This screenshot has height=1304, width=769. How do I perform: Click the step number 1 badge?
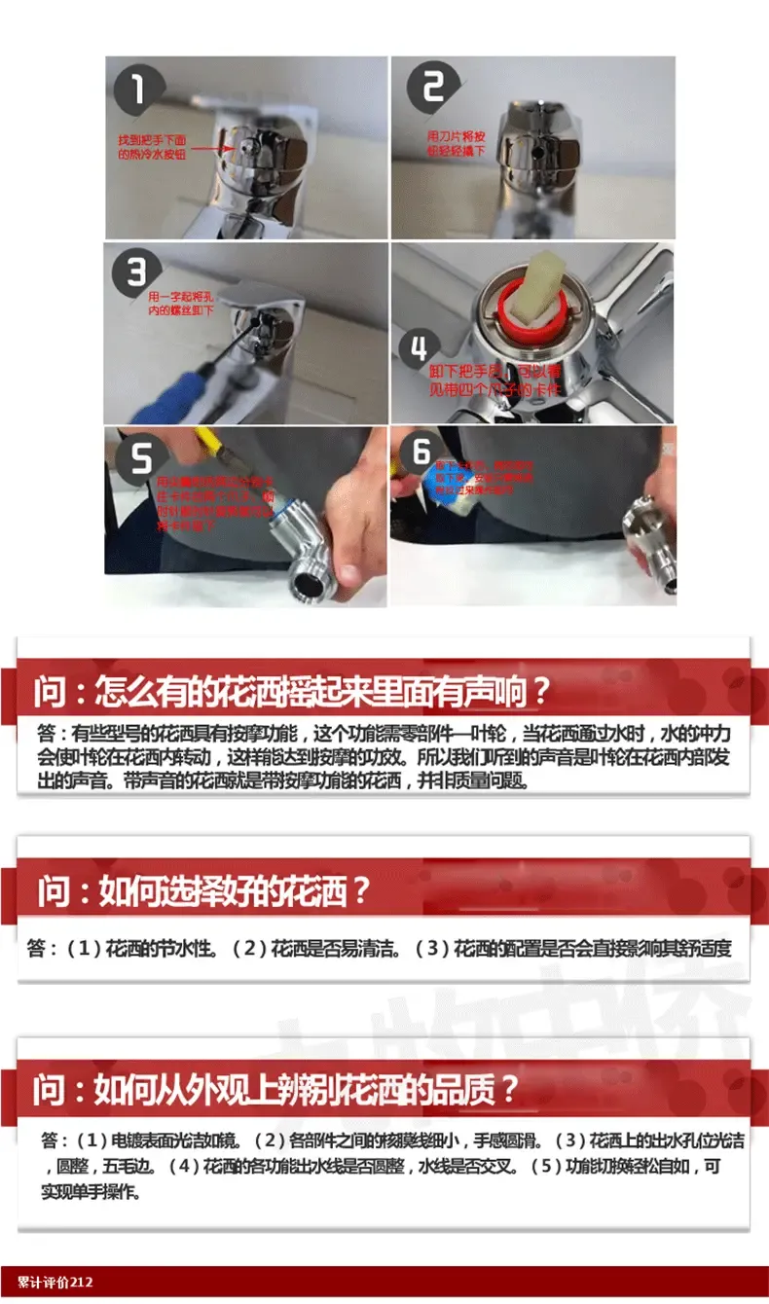coord(138,90)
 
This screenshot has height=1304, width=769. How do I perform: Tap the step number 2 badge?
coord(432,89)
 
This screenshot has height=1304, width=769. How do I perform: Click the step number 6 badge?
coord(421,452)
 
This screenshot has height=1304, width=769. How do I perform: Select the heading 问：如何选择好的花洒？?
coord(204,890)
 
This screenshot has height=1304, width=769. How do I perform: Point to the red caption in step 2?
coord(455,144)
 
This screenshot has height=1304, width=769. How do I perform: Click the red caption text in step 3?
coord(180,303)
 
